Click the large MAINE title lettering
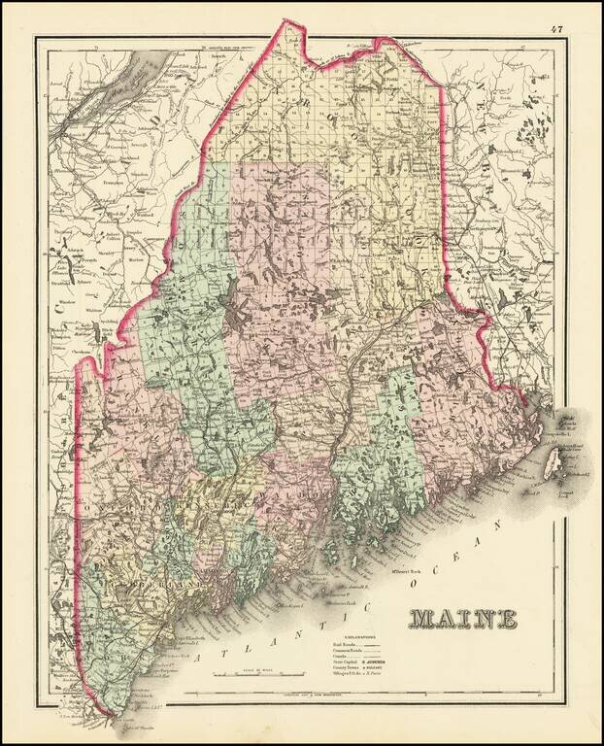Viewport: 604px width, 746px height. [x=461, y=618]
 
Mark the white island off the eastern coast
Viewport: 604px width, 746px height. [x=556, y=458]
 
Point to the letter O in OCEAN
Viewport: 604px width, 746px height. [x=413, y=588]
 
